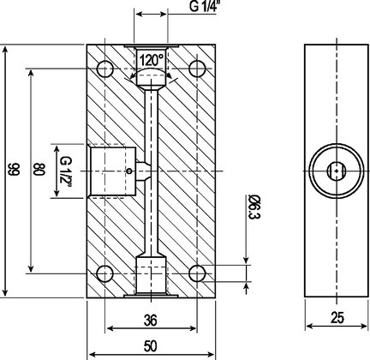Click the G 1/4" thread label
click(x=203, y=6)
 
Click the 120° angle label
click(x=152, y=60)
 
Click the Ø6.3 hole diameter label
click(x=254, y=207)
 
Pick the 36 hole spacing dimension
click(x=151, y=321)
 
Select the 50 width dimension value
click(x=151, y=346)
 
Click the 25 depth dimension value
click(x=337, y=318)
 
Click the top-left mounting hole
click(x=105, y=69)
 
